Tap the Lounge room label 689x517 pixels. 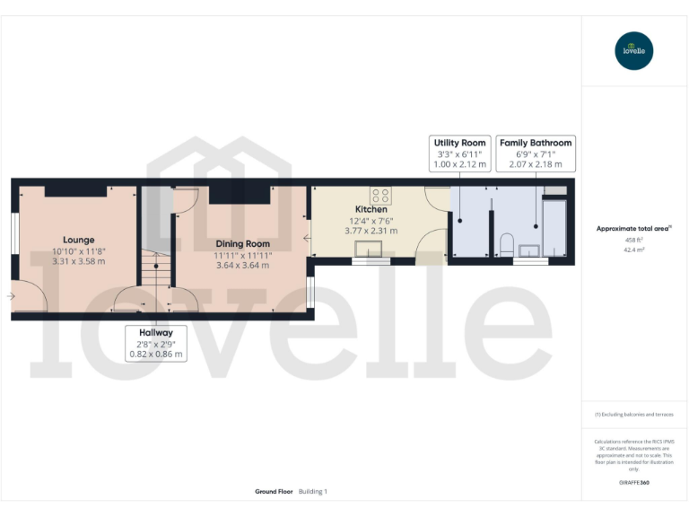click(78, 240)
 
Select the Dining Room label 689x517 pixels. click(242, 243)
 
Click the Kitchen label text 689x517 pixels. click(371, 209)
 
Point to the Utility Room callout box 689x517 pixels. click(459, 153)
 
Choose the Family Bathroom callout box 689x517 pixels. click(535, 153)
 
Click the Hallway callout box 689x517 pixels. click(155, 343)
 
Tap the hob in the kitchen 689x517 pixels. click(379, 193)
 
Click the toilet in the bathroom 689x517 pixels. click(506, 242)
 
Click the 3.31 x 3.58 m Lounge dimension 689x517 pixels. click(78, 261)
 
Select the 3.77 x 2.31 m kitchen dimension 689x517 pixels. click(371, 231)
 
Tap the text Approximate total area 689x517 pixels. click(632, 229)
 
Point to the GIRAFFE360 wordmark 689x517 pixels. click(634, 483)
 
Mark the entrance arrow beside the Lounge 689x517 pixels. click(11, 295)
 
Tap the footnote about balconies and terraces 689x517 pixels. click(634, 414)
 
